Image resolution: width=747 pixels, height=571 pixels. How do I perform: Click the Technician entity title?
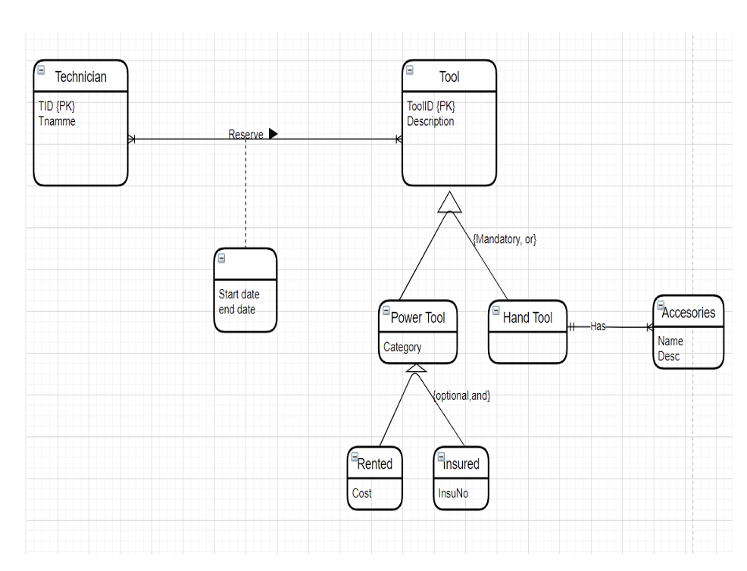click(x=80, y=76)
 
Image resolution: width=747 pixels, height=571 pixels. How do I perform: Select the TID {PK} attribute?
click(x=57, y=107)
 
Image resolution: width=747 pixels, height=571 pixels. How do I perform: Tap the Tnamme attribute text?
click(x=57, y=121)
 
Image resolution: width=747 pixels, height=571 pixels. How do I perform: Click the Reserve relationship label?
click(x=245, y=135)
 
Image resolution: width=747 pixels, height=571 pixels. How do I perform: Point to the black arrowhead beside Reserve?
click(x=273, y=134)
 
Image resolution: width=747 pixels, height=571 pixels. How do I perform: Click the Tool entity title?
click(x=449, y=76)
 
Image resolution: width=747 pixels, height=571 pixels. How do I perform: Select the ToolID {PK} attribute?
click(x=431, y=107)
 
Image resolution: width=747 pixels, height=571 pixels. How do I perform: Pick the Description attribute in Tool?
click(x=430, y=121)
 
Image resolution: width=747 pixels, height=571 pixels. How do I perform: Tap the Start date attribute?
click(x=239, y=295)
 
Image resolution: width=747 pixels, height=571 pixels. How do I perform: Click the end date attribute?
click(x=237, y=309)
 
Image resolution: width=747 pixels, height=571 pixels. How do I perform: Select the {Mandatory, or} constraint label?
click(x=505, y=239)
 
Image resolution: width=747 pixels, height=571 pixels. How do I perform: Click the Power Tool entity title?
click(x=417, y=317)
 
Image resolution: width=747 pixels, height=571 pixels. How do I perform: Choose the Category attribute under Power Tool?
click(x=402, y=348)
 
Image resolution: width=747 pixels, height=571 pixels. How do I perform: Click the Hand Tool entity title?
click(x=527, y=317)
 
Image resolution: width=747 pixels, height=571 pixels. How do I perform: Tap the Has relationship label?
click(x=598, y=326)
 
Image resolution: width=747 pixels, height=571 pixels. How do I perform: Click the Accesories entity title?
click(x=688, y=313)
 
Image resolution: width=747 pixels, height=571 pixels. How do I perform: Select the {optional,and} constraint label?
click(x=461, y=395)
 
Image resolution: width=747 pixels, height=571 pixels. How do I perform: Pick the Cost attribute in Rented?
click(x=362, y=493)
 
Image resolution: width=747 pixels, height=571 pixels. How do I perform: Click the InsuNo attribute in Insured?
click(x=453, y=493)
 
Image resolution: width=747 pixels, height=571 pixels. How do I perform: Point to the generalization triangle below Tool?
click(x=449, y=202)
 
